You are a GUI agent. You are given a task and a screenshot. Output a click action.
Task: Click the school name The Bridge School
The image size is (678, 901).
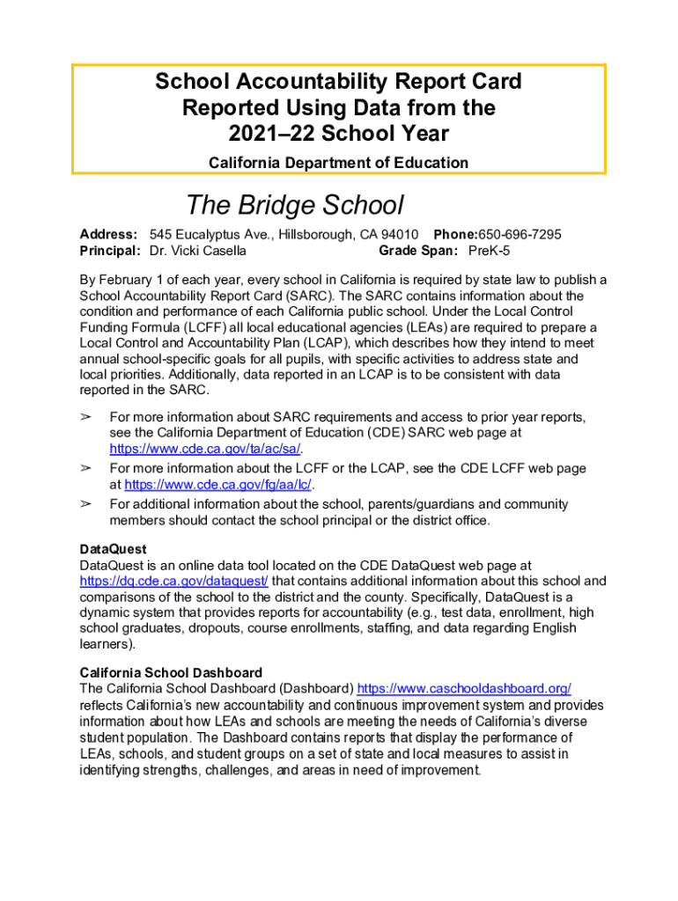[x=294, y=205]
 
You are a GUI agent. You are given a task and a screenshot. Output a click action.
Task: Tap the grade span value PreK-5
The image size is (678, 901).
[x=489, y=251]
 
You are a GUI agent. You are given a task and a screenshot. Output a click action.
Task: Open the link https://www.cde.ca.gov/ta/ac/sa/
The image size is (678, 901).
[x=205, y=448]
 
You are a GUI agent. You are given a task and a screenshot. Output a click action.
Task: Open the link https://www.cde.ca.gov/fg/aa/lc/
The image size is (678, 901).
[x=218, y=484]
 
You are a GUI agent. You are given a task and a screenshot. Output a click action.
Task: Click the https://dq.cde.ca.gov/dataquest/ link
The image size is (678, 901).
[x=173, y=581]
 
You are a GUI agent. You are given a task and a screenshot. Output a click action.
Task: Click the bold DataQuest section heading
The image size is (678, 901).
[x=113, y=550]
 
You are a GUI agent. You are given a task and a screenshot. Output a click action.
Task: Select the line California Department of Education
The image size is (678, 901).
[x=338, y=162]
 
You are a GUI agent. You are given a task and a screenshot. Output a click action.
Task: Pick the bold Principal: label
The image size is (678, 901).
[x=110, y=251]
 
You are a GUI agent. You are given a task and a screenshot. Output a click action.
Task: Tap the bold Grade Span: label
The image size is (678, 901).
[x=418, y=251]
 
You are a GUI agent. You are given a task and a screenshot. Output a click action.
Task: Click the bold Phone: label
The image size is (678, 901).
[x=455, y=235]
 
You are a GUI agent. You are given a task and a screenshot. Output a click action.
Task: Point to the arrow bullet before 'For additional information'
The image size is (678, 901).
[x=86, y=504]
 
